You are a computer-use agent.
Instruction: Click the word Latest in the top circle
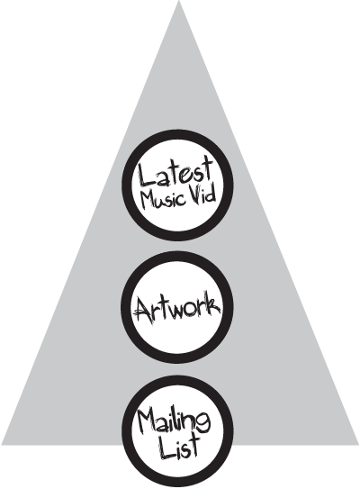[x=175, y=172]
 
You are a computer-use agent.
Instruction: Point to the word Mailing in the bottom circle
[x=174, y=422]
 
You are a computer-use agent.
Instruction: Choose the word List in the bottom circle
[x=179, y=448]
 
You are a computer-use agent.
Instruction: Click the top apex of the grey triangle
[x=179, y=1]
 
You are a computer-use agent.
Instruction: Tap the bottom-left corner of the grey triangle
[x=2, y=444]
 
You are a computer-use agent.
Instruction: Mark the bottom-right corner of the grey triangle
[x=358, y=444]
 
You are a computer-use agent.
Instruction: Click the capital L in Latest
[x=147, y=175]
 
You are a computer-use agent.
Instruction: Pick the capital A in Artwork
[x=142, y=309]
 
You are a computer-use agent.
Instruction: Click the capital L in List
[x=166, y=448]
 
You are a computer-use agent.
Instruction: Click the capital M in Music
[x=147, y=201]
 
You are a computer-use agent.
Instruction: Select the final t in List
[x=194, y=445]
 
